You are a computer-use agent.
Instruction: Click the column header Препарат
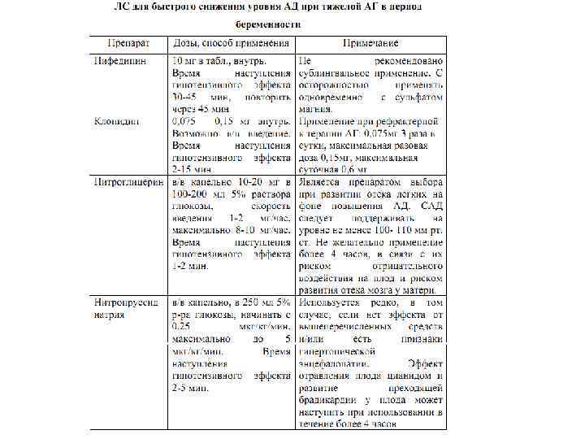(x=128, y=42)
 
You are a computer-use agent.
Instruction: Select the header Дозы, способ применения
(x=230, y=42)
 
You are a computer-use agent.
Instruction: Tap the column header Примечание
(x=370, y=42)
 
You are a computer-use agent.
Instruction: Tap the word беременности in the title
(x=266, y=24)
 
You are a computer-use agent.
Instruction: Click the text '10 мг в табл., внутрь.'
(x=219, y=61)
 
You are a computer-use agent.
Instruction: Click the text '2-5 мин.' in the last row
(x=190, y=389)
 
